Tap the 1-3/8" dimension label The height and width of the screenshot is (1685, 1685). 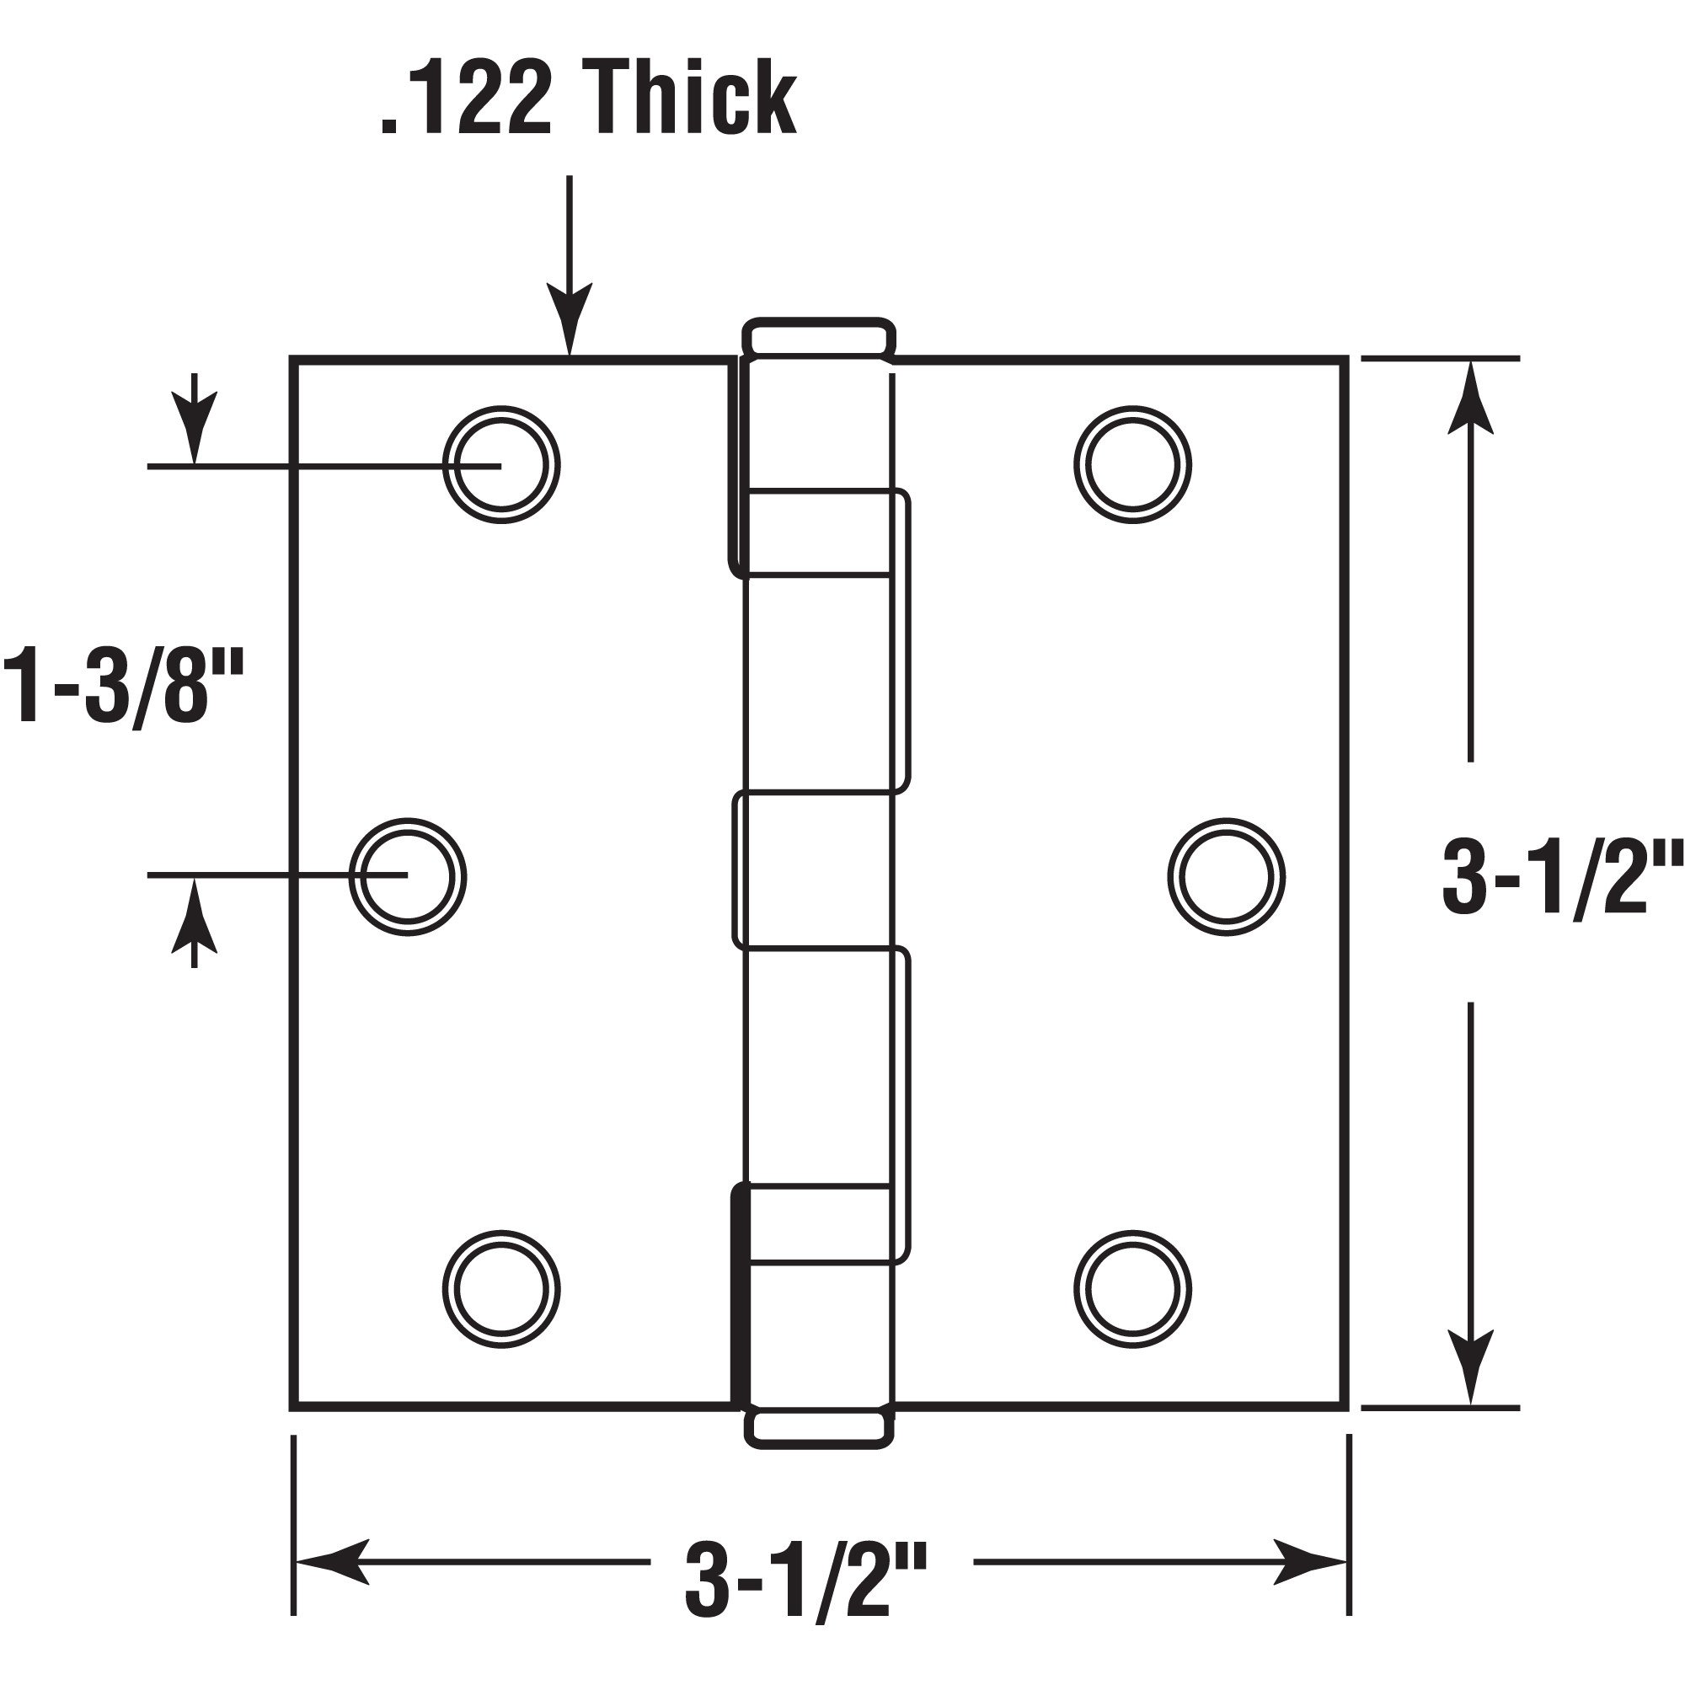122,686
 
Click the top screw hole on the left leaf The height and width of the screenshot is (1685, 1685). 501,465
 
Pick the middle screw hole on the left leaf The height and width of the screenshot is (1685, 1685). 407,877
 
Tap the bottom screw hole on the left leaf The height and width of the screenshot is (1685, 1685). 501,1290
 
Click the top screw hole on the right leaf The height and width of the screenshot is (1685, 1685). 1132,465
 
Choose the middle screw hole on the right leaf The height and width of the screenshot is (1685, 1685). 1225,877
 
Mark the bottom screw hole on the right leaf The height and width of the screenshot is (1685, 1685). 1132,1290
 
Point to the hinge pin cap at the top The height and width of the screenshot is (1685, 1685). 819,337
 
